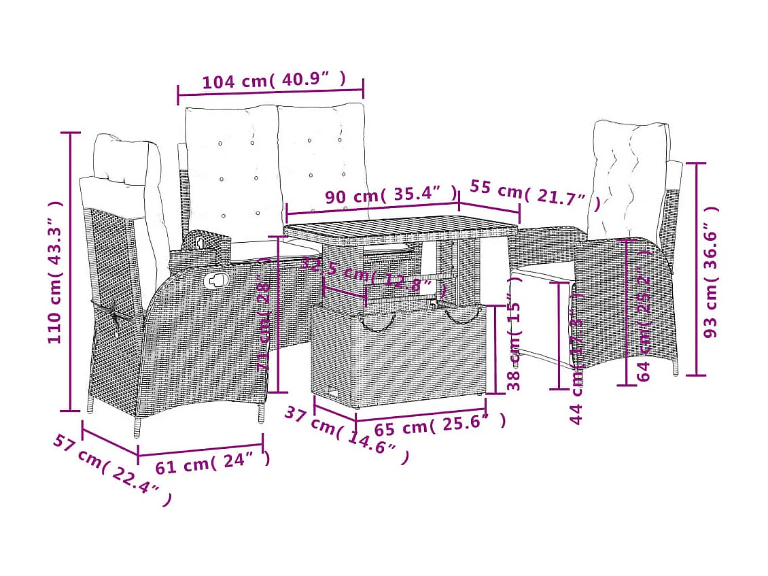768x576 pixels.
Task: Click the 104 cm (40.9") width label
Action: tap(274, 81)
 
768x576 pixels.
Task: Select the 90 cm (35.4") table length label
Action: tap(391, 195)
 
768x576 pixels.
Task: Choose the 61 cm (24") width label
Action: tap(213, 463)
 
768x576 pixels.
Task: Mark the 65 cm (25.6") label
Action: tap(440, 425)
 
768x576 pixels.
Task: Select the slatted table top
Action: tap(401, 231)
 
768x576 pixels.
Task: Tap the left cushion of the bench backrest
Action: tap(231, 173)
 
